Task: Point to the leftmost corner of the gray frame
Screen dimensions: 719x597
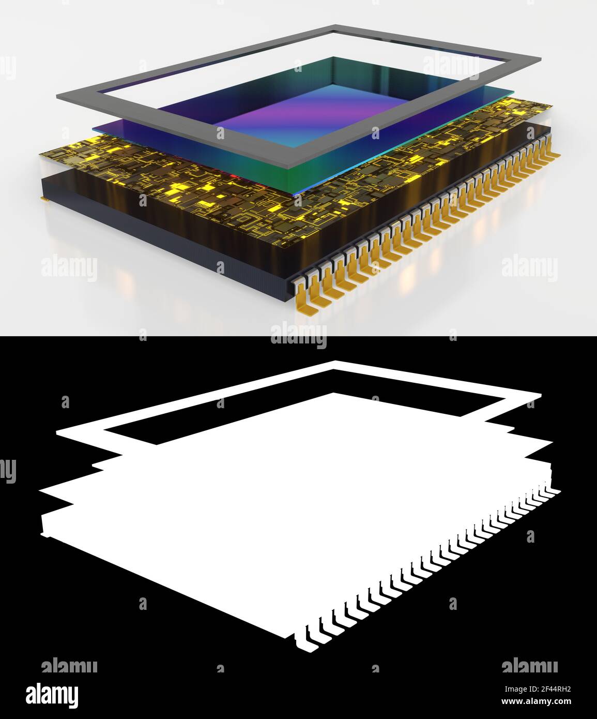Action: [x=57, y=96]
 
